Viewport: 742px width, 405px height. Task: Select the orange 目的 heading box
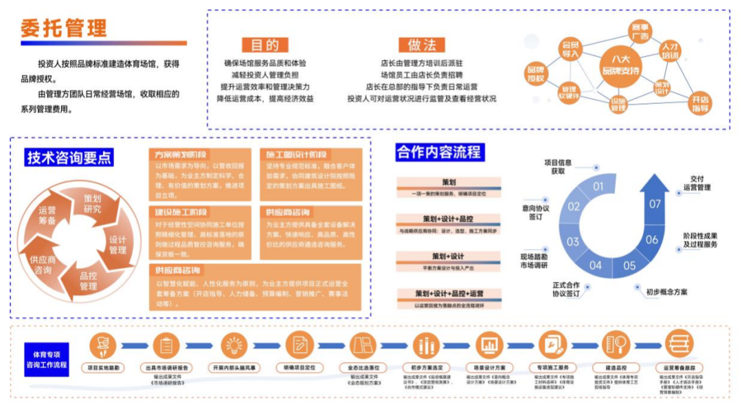coord(265,45)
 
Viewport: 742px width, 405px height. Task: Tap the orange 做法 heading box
coord(422,45)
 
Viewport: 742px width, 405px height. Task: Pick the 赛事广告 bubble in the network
coord(640,32)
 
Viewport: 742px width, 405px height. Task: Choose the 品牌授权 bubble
coord(535,74)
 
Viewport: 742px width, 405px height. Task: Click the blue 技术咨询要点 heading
coord(69,157)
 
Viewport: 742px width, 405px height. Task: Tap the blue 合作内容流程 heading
coord(439,152)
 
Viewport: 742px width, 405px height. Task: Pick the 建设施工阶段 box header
coord(181,212)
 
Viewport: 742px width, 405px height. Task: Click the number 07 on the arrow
coord(655,204)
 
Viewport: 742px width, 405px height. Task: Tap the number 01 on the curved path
coord(598,186)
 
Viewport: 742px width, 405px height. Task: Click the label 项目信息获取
coord(557,166)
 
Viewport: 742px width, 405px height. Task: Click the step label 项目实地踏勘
coord(104,368)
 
